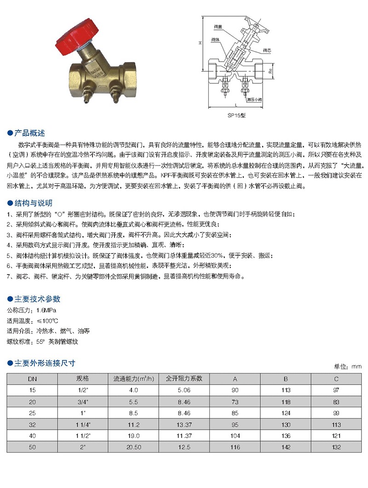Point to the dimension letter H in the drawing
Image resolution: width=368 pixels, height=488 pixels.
[201, 43]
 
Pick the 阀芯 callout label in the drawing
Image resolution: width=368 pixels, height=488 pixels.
[267, 50]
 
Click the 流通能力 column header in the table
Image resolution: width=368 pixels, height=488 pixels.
[133, 379]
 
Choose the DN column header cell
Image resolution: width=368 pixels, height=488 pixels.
[32, 379]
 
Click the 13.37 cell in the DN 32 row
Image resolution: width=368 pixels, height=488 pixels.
[184, 423]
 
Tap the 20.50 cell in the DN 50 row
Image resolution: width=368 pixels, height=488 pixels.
[133, 445]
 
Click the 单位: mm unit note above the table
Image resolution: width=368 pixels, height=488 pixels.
[348, 367]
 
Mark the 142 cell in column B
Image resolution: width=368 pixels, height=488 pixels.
[286, 445]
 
